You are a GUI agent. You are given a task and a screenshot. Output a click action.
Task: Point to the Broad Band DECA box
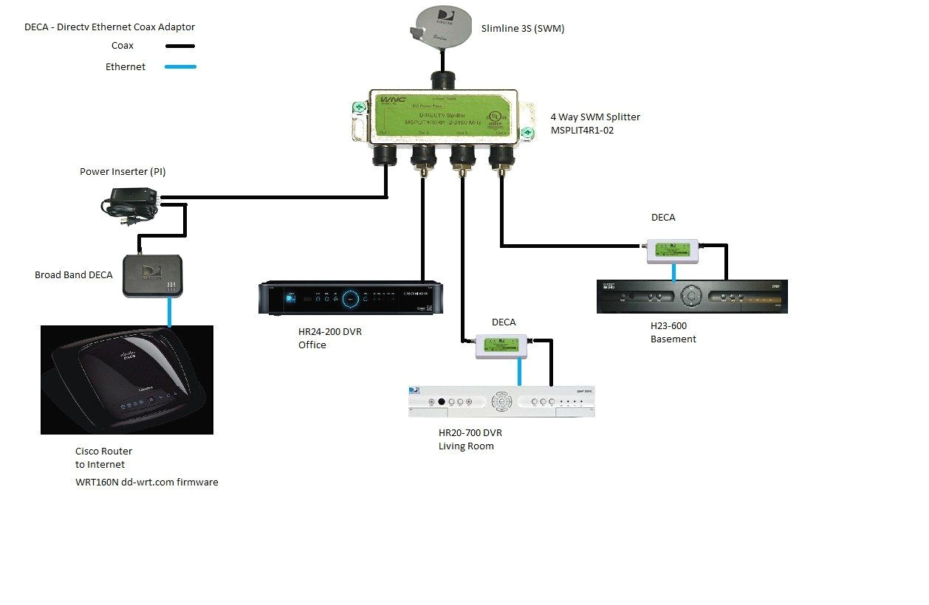(152, 276)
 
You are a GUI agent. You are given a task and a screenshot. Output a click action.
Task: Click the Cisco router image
(126, 380)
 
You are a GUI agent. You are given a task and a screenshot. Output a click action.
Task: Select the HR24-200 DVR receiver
(350, 297)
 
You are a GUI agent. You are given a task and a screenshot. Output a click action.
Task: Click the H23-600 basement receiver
(691, 297)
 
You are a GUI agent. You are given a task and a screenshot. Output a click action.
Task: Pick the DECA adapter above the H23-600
(673, 251)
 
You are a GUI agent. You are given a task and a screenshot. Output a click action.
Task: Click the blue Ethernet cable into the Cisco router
(170, 312)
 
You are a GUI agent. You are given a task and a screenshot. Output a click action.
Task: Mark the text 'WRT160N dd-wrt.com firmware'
(146, 483)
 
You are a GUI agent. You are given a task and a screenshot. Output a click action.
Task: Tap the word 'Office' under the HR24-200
(312, 345)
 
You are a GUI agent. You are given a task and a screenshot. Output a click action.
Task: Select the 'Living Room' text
(466, 446)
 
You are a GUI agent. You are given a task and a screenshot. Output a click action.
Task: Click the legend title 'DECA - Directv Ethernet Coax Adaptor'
(109, 27)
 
